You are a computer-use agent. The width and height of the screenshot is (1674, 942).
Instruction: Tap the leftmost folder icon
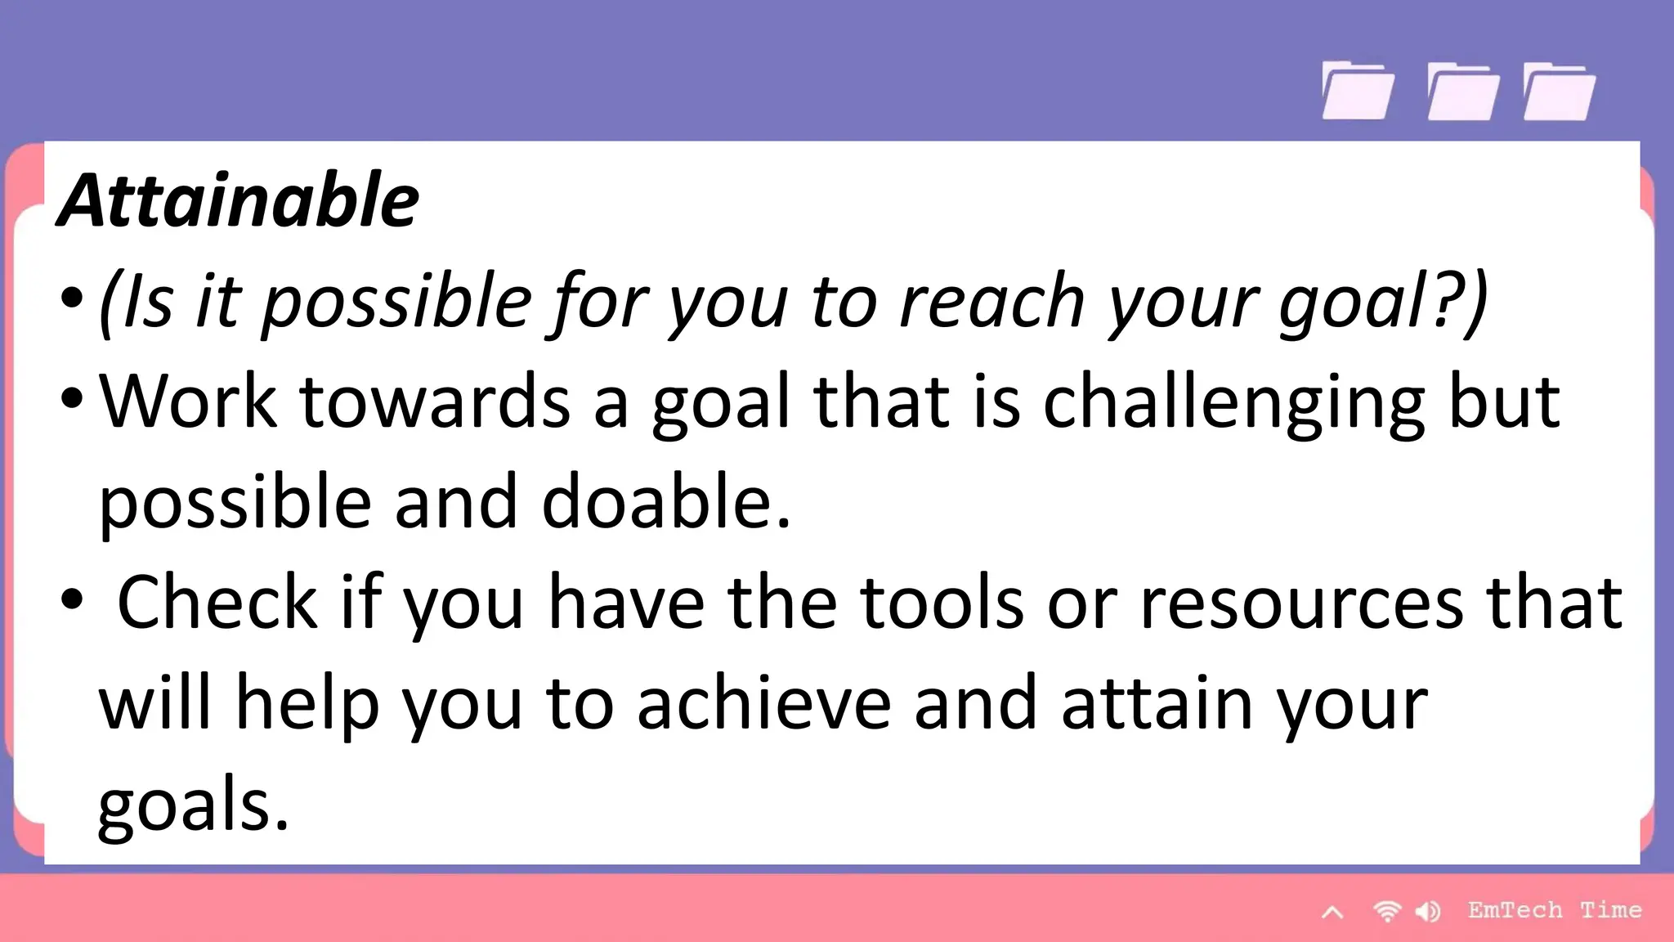click(1358, 92)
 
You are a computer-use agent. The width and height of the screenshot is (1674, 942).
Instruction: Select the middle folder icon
click(1462, 92)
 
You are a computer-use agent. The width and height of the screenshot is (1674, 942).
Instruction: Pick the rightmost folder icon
click(1559, 92)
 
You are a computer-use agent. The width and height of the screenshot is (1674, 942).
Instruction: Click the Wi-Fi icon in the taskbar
click(1387, 911)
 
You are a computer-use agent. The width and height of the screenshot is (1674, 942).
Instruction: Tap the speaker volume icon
click(1429, 911)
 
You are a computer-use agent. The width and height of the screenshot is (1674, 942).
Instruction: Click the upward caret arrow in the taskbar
click(1332, 912)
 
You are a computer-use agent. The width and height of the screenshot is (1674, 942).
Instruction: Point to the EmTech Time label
click(1554, 910)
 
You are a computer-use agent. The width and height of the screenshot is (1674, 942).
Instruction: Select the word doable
click(665, 501)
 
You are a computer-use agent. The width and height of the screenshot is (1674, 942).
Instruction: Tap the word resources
click(1300, 603)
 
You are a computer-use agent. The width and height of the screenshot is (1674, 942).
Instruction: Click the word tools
click(942, 603)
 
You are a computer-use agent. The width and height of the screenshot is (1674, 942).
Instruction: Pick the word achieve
click(763, 703)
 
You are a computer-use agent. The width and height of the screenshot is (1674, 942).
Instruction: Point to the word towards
click(435, 401)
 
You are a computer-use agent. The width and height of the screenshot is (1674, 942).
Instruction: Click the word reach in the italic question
click(991, 301)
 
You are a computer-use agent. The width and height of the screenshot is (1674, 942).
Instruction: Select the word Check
click(217, 603)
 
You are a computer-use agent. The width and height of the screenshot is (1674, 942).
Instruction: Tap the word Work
click(188, 401)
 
